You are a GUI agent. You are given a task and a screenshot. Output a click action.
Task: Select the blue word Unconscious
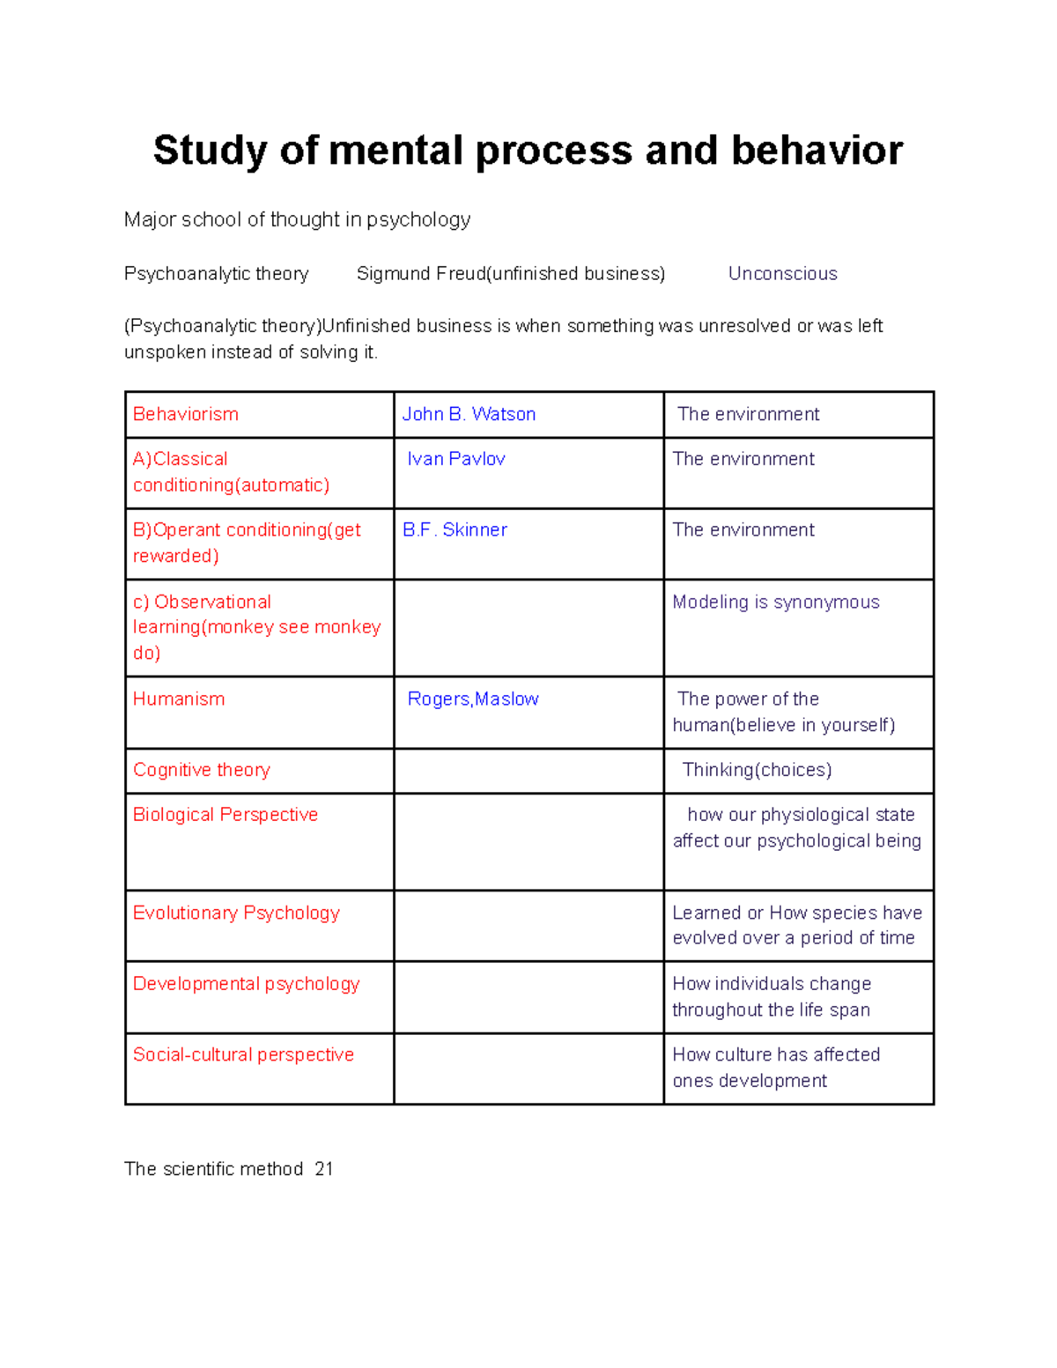tap(782, 274)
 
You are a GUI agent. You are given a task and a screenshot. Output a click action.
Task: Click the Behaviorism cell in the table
tap(186, 414)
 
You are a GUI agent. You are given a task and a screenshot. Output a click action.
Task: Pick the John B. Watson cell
tap(469, 414)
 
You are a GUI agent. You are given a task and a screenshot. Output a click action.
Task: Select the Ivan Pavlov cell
tap(456, 459)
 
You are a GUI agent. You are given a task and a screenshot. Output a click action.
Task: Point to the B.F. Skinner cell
tap(455, 529)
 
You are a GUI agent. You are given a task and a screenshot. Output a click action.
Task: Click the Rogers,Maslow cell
tap(473, 699)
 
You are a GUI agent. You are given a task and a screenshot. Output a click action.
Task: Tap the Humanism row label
tap(179, 699)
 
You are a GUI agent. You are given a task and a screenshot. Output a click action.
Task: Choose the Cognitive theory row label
tap(202, 770)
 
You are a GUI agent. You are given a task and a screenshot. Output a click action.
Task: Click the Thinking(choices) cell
tap(757, 770)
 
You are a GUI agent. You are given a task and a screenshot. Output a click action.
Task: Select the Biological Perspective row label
tap(225, 815)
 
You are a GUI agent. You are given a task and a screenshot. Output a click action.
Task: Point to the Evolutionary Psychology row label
tap(236, 913)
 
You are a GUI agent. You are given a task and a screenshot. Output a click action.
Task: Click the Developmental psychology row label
tap(247, 984)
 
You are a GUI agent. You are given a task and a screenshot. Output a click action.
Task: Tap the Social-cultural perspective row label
tap(243, 1054)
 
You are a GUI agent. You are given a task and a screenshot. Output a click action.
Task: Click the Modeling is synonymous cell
tap(776, 603)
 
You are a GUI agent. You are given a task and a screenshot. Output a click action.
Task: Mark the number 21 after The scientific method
tap(324, 1169)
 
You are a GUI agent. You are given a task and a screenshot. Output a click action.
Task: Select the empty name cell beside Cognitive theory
tap(528, 771)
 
